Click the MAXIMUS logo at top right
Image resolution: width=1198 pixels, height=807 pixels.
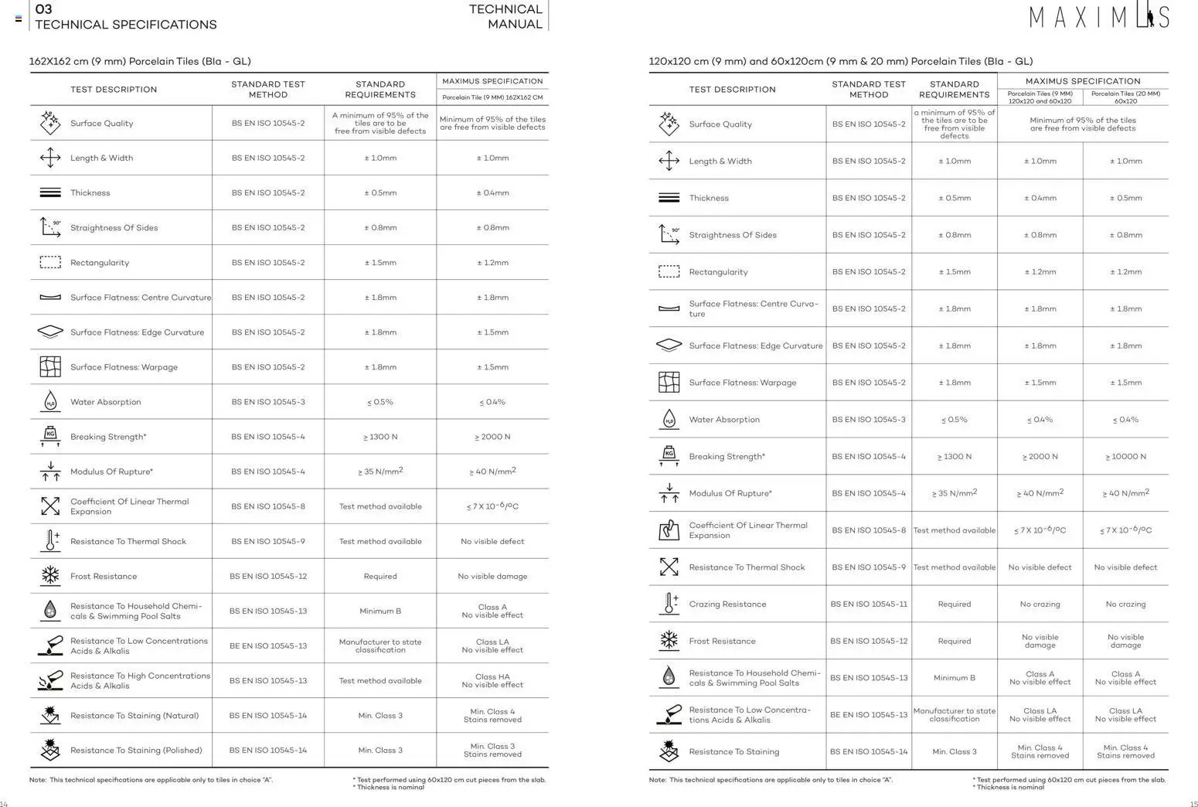(x=1098, y=16)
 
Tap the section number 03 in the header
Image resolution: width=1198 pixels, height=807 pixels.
(x=44, y=9)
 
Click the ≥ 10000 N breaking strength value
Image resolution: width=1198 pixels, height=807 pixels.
(x=1125, y=457)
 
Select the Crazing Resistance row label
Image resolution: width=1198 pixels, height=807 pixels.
(x=727, y=604)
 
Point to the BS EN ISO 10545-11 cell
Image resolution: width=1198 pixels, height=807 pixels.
(x=869, y=604)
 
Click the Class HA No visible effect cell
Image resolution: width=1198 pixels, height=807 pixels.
(x=492, y=681)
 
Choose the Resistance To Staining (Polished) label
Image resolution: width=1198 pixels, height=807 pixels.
(x=136, y=751)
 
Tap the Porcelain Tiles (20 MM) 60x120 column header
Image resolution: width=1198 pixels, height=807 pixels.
(x=1125, y=97)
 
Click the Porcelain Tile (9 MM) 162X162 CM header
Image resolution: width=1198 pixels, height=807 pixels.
(x=492, y=97)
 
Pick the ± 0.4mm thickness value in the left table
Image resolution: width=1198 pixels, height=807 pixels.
(x=492, y=193)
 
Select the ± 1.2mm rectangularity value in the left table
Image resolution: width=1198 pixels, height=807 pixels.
(x=492, y=263)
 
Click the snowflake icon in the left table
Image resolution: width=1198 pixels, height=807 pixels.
(x=50, y=576)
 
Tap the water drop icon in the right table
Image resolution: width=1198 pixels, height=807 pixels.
(x=669, y=420)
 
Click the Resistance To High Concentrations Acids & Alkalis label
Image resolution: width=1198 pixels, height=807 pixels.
(x=140, y=681)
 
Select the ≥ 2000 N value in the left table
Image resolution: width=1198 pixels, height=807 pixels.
(x=492, y=437)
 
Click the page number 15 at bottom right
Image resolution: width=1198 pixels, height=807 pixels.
(x=1193, y=804)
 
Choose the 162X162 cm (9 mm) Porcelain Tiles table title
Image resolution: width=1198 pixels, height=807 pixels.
(x=140, y=61)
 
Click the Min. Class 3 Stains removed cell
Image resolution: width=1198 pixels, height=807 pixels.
(x=492, y=751)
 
